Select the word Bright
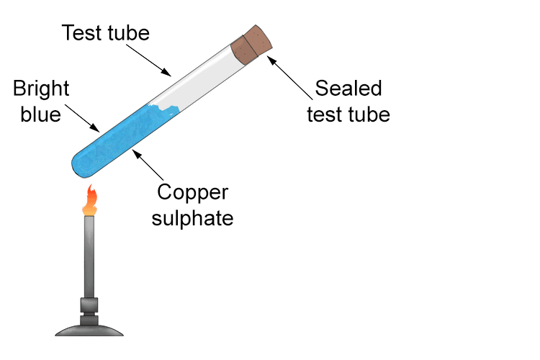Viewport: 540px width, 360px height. pyautogui.click(x=42, y=90)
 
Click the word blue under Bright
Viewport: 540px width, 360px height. pyautogui.click(x=41, y=114)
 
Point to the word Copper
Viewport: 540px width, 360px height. pyautogui.click(x=192, y=193)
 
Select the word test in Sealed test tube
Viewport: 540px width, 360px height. pyautogui.click(x=325, y=114)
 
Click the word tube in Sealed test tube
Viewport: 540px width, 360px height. pyautogui.click(x=369, y=114)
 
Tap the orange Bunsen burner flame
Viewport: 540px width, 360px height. pyautogui.click(x=90, y=201)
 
